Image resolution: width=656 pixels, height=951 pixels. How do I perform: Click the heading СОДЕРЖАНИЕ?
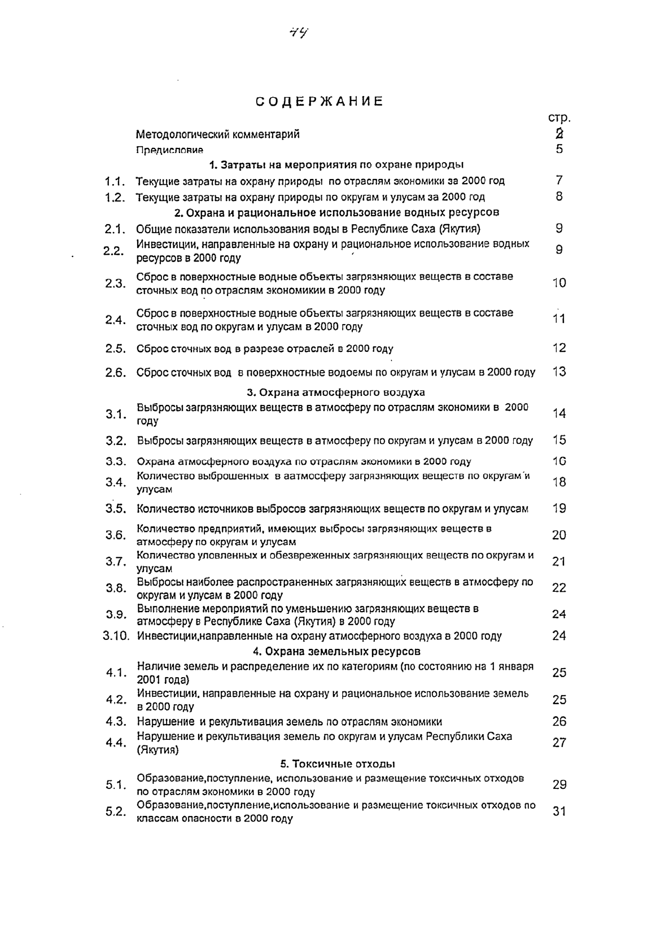point(320,102)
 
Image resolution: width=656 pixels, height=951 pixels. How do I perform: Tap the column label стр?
point(559,119)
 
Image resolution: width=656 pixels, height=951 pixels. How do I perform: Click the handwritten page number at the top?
point(298,33)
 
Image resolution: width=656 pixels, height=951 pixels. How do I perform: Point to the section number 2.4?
point(115,320)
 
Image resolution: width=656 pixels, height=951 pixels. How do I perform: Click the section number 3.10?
point(116,636)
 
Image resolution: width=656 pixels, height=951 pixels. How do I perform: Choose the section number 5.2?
point(115,812)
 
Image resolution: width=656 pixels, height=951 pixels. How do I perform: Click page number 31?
point(559,812)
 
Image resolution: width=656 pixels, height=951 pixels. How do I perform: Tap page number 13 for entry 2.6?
point(559,372)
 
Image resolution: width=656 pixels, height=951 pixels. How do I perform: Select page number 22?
point(559,588)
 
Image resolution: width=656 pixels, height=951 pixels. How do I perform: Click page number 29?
point(559,784)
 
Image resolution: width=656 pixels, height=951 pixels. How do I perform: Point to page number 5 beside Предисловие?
point(559,150)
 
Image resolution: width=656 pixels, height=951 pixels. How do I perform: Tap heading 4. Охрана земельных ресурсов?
point(336,651)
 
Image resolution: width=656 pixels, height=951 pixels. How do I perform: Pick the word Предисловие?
point(169,150)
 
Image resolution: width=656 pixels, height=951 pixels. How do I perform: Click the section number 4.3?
point(115,721)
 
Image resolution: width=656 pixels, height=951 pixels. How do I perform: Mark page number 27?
point(559,743)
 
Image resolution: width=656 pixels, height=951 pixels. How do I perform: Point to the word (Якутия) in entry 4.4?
point(158,750)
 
